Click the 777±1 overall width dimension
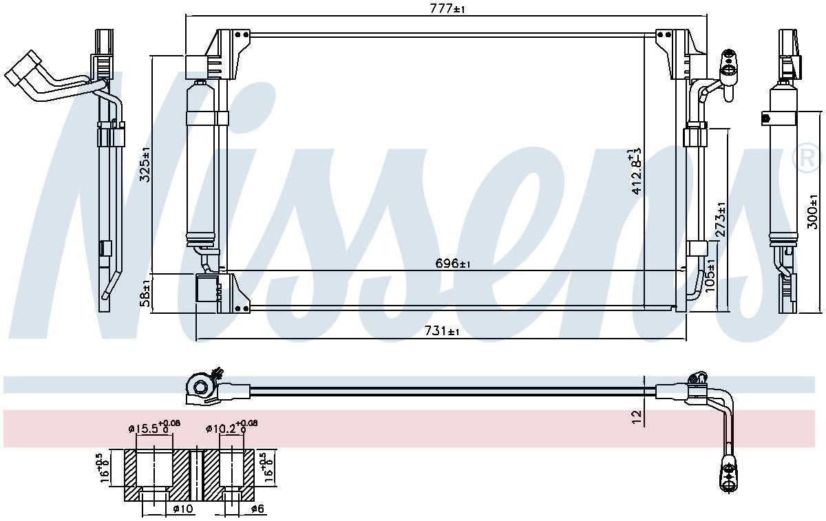point(447,8)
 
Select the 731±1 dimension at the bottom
point(442,330)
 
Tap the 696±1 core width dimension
point(452,264)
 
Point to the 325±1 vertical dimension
point(146,164)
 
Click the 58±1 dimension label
point(146,293)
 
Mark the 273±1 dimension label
point(721,220)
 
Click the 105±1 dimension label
point(710,275)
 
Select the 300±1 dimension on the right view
point(812,212)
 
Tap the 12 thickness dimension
point(637,417)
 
